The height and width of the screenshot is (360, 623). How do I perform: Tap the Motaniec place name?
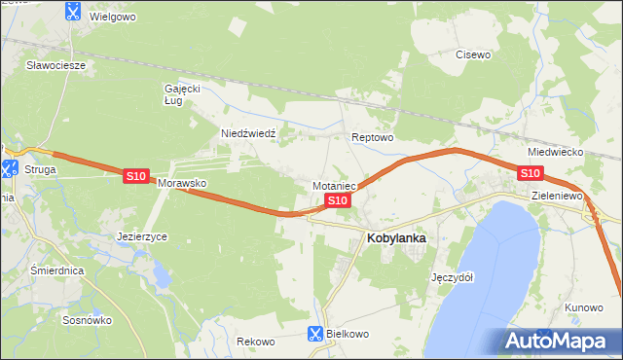336,185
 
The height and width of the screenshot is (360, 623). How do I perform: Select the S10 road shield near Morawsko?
136,176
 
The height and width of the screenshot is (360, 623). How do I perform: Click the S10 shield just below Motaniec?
337,200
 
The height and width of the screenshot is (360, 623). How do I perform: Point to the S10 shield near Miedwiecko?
530,173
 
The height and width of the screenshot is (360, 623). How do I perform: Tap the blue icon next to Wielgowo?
73,12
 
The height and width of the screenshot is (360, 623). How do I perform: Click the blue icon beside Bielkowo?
314,333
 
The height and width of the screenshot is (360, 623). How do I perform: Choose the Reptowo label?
372,138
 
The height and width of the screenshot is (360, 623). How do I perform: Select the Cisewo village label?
473,54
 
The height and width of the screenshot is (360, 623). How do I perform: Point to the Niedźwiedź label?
249,134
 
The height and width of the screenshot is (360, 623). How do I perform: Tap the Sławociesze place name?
56,65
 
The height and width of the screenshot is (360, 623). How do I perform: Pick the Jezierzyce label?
142,236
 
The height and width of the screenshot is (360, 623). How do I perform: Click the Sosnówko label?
88,319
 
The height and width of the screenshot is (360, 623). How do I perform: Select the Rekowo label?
257,342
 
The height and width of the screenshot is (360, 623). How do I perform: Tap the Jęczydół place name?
452,276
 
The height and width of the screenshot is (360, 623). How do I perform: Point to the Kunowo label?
583,307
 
